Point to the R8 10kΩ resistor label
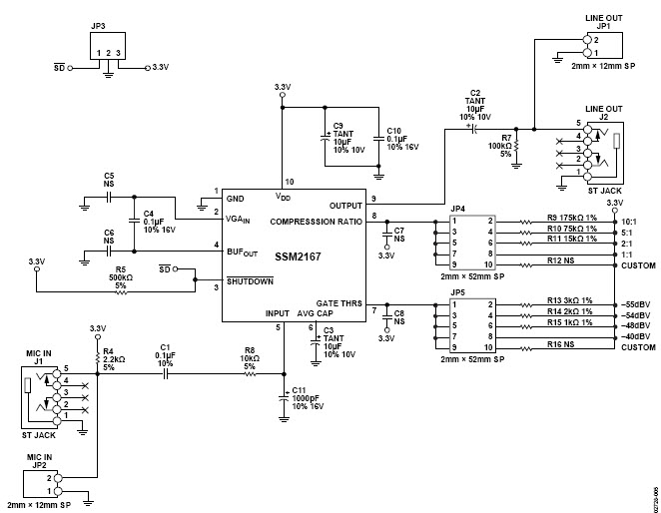(249, 356)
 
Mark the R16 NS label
(561, 345)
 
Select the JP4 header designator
(457, 209)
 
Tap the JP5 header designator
(457, 292)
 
